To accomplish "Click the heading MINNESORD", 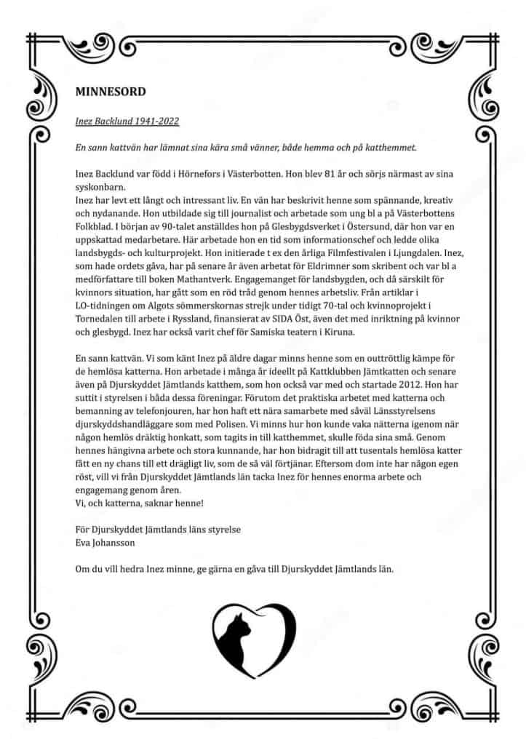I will coord(111,92).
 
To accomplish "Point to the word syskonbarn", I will coord(100,187).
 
